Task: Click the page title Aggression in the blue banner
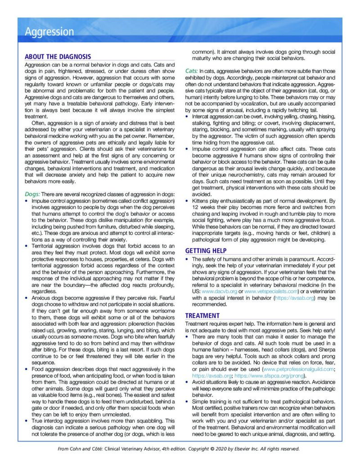[x=49, y=32]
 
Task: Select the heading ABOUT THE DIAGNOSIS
[x=58, y=57]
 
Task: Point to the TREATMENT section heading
[x=202, y=316]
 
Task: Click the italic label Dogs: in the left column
[x=32, y=194]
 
